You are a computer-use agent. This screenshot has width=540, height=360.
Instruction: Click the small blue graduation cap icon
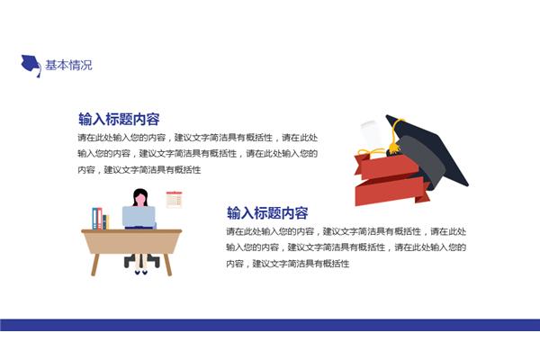tap(31, 65)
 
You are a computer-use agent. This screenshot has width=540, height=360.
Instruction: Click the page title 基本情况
tap(68, 65)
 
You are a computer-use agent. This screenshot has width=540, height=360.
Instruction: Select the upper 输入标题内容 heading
tap(119, 119)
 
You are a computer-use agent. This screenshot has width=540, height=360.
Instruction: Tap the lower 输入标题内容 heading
tap(267, 213)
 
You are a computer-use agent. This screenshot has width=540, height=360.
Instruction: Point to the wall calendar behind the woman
tap(175, 200)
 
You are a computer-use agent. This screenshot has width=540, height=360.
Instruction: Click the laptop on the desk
tap(139, 217)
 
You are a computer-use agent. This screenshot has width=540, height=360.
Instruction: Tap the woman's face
tap(140, 200)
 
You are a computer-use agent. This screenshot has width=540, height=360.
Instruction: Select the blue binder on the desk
tap(94, 219)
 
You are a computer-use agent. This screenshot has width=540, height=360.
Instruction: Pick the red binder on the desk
tap(100, 219)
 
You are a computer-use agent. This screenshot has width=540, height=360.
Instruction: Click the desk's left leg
tap(95, 265)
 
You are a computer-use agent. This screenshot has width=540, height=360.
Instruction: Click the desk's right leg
tap(167, 265)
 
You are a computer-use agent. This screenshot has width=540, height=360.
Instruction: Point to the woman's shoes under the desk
tap(141, 272)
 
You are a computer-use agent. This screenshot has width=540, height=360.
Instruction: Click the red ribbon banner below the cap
tap(391, 180)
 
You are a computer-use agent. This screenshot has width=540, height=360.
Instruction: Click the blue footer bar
tap(270, 325)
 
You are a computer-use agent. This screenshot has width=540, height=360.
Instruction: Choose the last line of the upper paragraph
tap(139, 170)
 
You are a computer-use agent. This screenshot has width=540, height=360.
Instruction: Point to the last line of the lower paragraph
tap(288, 264)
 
